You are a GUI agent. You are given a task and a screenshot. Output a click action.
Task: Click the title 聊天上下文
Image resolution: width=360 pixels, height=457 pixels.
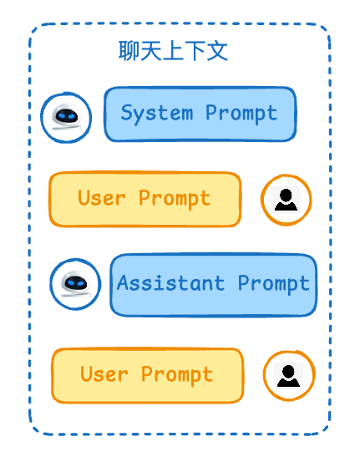[x=173, y=51]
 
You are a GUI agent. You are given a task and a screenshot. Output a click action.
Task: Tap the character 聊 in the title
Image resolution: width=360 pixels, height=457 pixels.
[x=129, y=51]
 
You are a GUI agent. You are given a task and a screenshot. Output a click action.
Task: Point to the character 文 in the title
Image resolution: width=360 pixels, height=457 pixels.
[x=217, y=51]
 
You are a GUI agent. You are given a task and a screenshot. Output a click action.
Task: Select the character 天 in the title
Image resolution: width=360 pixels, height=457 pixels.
[x=151, y=51]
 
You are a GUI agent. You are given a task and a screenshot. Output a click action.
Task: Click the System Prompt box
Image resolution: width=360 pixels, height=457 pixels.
[x=200, y=114]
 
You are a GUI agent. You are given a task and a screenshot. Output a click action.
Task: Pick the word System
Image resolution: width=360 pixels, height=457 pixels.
[x=157, y=114]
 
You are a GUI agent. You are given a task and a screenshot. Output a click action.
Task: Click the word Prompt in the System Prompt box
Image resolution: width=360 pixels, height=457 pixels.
[x=241, y=114]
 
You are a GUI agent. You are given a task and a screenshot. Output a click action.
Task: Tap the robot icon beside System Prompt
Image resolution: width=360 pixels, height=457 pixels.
[x=66, y=118]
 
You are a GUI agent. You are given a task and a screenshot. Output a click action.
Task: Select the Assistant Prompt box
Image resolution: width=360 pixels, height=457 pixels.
[x=214, y=285]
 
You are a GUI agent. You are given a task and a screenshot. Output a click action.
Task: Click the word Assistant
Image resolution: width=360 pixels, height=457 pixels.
[x=171, y=283]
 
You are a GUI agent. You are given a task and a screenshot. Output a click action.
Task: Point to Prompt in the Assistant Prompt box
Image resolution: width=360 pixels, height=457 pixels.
[x=273, y=283]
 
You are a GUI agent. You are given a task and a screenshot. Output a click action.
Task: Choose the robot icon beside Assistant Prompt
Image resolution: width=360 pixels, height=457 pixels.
[x=75, y=284]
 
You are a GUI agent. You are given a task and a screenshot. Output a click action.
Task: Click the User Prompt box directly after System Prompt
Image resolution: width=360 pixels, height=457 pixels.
[x=145, y=200]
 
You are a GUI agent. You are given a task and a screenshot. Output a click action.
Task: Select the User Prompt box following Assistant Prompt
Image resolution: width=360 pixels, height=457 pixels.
[x=148, y=375]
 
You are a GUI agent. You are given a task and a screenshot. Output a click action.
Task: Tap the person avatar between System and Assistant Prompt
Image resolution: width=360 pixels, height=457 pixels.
[x=286, y=200]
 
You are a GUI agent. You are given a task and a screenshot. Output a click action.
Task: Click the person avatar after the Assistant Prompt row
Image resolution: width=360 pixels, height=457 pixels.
[x=289, y=376]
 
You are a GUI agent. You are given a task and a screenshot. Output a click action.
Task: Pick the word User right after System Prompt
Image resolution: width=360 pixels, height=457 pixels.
[x=102, y=198]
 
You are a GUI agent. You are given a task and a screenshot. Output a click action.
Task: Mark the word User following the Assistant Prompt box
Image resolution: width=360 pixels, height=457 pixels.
[x=104, y=374]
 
